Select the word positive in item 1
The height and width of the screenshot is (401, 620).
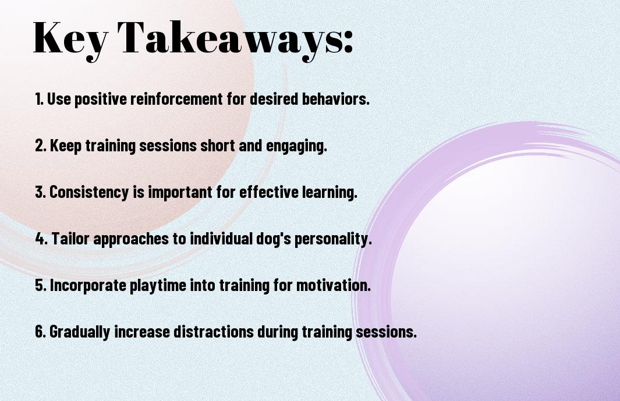point(101,99)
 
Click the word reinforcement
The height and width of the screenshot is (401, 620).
point(176,98)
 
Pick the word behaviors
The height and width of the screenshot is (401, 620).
point(336,98)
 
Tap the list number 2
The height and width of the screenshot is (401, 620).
point(41,146)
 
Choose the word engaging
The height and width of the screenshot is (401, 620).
point(296,146)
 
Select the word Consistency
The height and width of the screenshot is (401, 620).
point(89,192)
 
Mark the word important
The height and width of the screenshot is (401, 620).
point(180,192)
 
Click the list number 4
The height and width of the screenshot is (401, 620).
point(41,239)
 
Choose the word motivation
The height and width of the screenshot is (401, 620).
point(334,285)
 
